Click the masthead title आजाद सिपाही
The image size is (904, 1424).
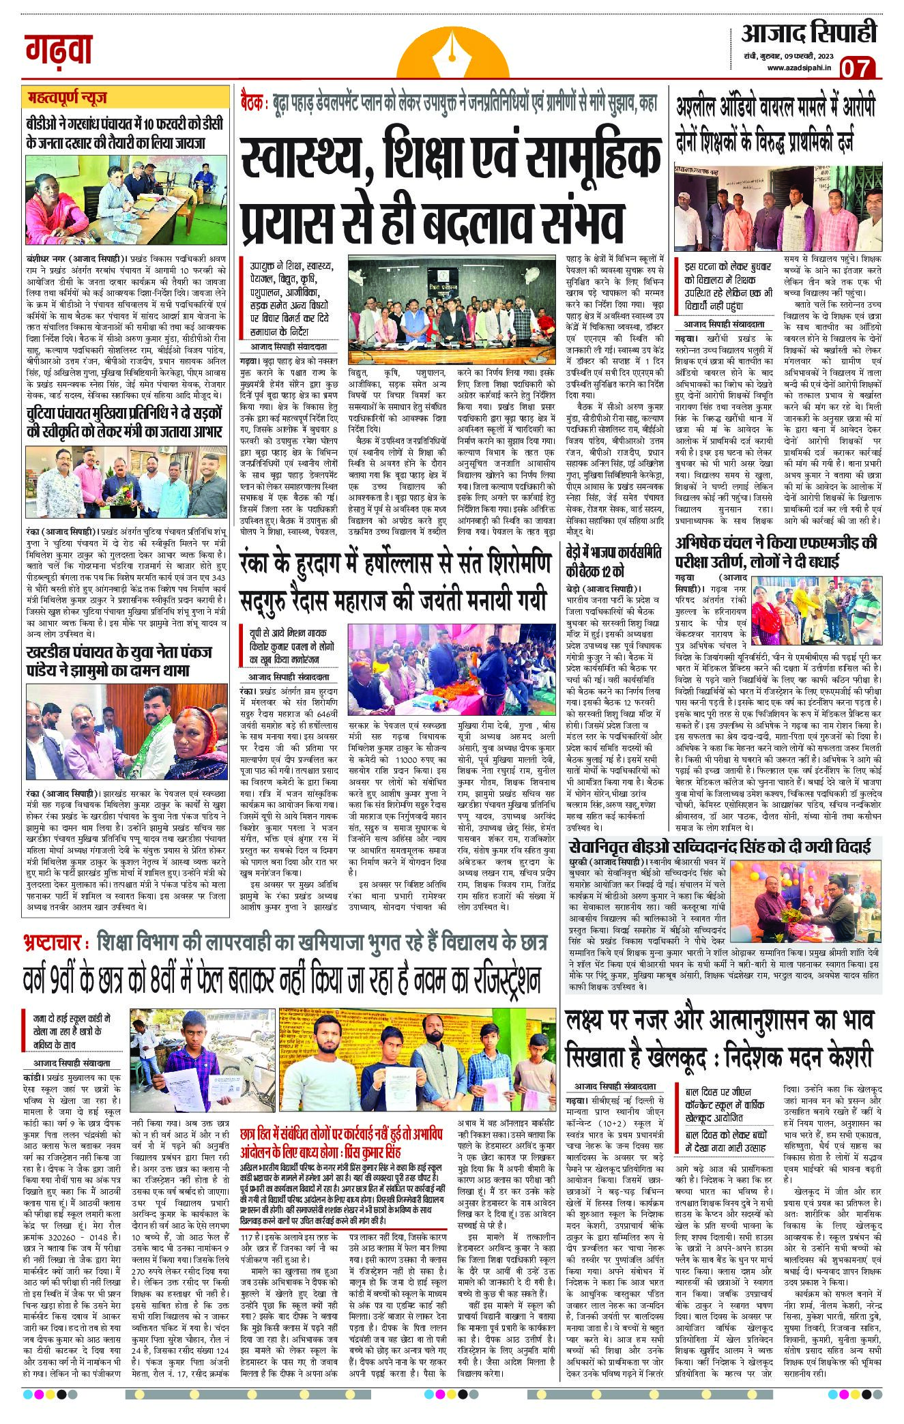click(809, 33)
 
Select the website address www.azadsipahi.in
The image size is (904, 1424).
click(799, 68)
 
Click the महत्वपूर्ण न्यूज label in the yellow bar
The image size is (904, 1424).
click(63, 98)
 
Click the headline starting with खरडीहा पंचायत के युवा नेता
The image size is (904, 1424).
click(119, 660)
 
